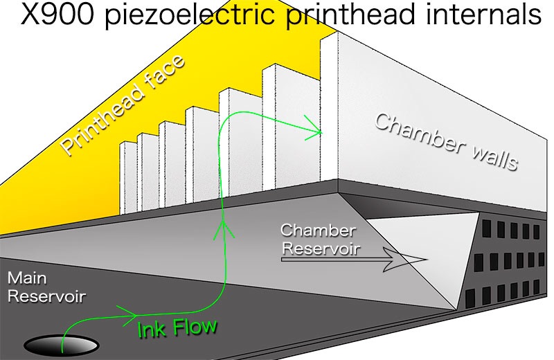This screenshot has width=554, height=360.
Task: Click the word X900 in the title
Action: (57, 15)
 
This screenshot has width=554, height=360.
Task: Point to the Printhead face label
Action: (123, 105)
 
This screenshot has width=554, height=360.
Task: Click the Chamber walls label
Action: (446, 142)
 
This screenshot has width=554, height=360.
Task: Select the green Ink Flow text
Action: (177, 327)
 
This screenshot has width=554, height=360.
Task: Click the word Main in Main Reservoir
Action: (27, 278)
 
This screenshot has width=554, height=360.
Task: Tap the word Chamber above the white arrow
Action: (318, 231)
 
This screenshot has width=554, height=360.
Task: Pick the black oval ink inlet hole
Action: (61, 345)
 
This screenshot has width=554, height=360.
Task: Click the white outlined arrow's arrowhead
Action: (406, 260)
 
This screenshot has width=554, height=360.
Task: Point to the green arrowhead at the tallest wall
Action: (314, 128)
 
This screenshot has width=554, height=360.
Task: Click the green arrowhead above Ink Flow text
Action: (128, 313)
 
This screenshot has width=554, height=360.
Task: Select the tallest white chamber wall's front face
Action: (329, 109)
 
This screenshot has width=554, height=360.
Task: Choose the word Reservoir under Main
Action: (46, 296)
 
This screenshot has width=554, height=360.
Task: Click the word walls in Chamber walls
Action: (494, 158)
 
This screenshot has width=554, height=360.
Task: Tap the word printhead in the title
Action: (350, 16)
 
